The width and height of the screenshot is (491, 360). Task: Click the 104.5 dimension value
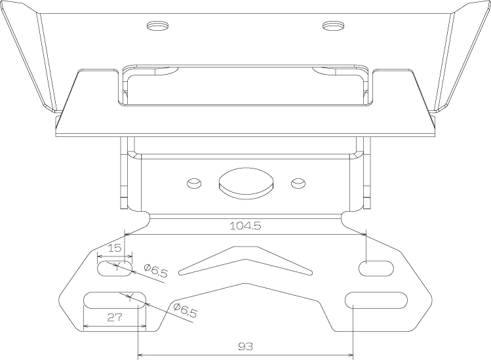coord(245,226)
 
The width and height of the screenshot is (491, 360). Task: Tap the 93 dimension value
coord(245,346)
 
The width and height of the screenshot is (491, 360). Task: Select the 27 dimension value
coord(115,317)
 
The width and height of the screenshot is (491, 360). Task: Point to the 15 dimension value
coord(115,248)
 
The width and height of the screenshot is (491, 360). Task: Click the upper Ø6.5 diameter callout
coord(156,271)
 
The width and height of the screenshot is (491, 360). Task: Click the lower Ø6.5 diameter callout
coord(185,310)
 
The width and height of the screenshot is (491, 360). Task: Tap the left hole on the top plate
coord(157,26)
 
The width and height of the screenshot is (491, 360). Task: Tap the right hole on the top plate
coord(333,26)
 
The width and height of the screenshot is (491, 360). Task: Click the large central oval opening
coord(246,184)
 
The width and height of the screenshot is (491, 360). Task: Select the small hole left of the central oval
coord(194,184)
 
